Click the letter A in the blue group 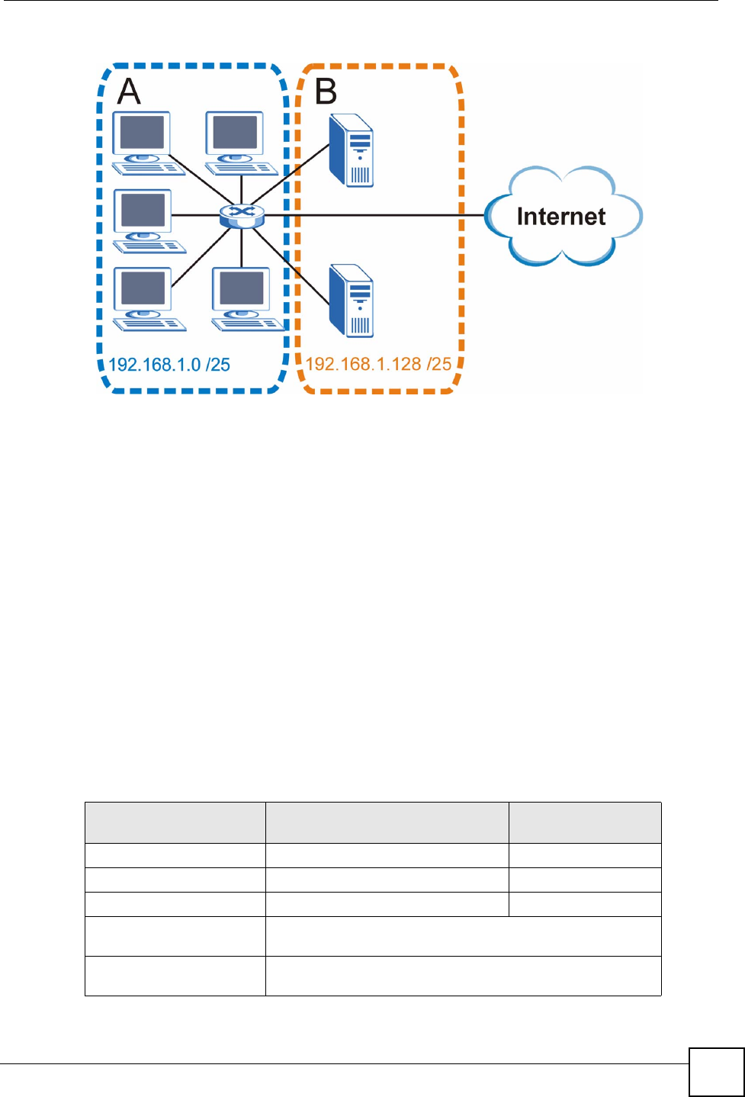129,92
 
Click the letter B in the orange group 326,92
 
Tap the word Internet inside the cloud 561,217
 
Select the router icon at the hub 241,215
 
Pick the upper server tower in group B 352,150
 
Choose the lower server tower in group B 352,301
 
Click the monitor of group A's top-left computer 142,134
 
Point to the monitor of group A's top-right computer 234,134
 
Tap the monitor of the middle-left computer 143,211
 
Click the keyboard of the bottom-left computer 150,324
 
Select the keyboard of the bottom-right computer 249,324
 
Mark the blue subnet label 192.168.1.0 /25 169,365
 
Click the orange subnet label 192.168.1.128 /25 378,364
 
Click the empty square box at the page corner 716,1072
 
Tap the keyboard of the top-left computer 149,168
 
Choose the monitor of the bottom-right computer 241,289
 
